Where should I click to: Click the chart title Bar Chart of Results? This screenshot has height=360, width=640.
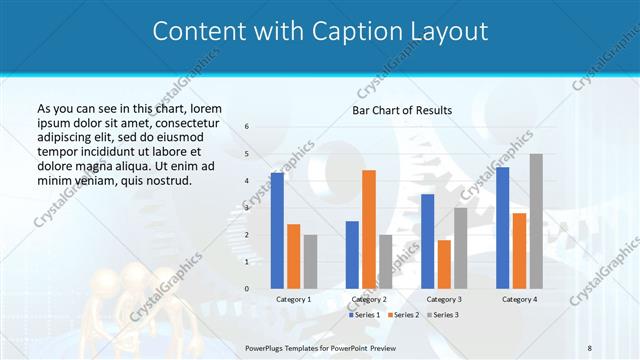click(x=402, y=110)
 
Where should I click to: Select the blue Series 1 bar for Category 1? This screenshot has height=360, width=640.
click(x=277, y=230)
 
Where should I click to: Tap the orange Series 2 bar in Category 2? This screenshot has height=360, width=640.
click(x=369, y=229)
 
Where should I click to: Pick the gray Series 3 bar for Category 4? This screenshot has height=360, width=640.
click(x=536, y=221)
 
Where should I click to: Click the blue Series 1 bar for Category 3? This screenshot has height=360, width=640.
click(x=427, y=241)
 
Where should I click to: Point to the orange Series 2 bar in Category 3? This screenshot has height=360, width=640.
click(x=444, y=264)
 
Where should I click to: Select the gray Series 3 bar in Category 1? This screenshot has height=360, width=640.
click(x=310, y=261)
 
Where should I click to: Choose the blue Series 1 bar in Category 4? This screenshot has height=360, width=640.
click(x=502, y=227)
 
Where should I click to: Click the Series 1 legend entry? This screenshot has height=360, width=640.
click(x=365, y=315)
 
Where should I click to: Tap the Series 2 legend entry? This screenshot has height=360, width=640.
click(x=402, y=315)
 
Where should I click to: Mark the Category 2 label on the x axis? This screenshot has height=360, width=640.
click(x=369, y=299)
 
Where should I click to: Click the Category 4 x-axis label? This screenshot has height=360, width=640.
click(x=519, y=299)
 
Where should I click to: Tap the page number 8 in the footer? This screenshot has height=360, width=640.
click(x=590, y=347)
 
